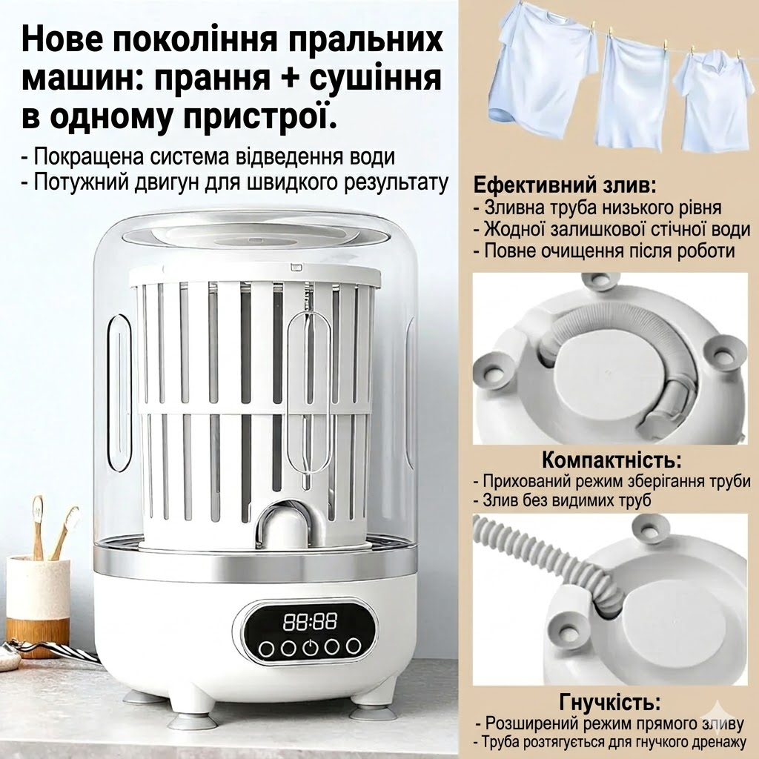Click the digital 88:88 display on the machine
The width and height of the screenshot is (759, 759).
tap(310, 621)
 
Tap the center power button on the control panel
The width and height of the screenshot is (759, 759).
tap(310, 648)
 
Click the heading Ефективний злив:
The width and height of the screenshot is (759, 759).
tap(565, 185)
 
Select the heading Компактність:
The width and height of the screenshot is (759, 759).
tap(611, 460)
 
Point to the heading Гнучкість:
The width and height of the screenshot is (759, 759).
tap(611, 702)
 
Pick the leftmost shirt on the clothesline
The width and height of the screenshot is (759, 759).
tap(543, 72)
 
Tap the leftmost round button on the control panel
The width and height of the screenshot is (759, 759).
tap(266, 648)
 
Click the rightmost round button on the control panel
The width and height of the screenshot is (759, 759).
tap(354, 646)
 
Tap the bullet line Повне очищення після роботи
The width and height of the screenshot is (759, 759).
tap(604, 251)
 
